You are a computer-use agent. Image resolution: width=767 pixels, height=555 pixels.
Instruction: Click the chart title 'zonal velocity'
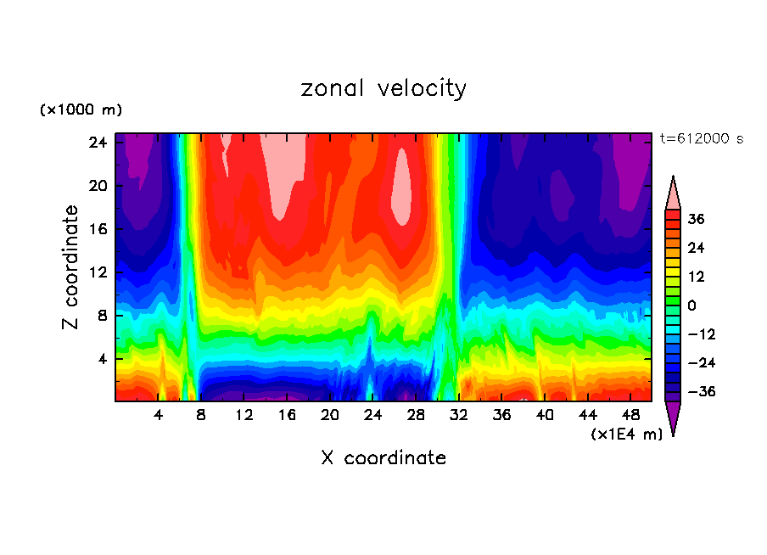click(x=383, y=88)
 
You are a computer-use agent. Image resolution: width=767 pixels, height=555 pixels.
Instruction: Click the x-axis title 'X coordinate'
click(x=383, y=458)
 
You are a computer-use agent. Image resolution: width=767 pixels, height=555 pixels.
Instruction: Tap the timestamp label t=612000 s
click(x=701, y=139)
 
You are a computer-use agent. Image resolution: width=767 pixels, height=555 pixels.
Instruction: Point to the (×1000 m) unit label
click(x=81, y=110)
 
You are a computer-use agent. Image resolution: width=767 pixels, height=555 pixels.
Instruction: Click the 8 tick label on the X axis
click(x=201, y=415)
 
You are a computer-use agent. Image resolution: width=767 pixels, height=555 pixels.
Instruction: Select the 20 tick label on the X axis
click(x=330, y=415)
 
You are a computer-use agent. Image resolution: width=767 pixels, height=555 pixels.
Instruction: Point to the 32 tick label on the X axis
click(x=459, y=415)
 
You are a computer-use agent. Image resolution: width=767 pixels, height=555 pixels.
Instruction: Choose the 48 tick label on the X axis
click(x=630, y=415)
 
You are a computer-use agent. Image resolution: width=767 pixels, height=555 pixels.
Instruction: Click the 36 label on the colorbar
click(x=696, y=220)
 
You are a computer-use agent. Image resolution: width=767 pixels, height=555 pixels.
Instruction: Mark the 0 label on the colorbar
click(x=691, y=306)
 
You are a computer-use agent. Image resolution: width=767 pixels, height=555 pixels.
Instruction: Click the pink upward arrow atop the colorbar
click(x=673, y=193)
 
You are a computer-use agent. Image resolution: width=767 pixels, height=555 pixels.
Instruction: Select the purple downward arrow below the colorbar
click(x=673, y=418)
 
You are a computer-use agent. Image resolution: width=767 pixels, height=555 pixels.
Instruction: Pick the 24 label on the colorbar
click(x=696, y=249)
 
